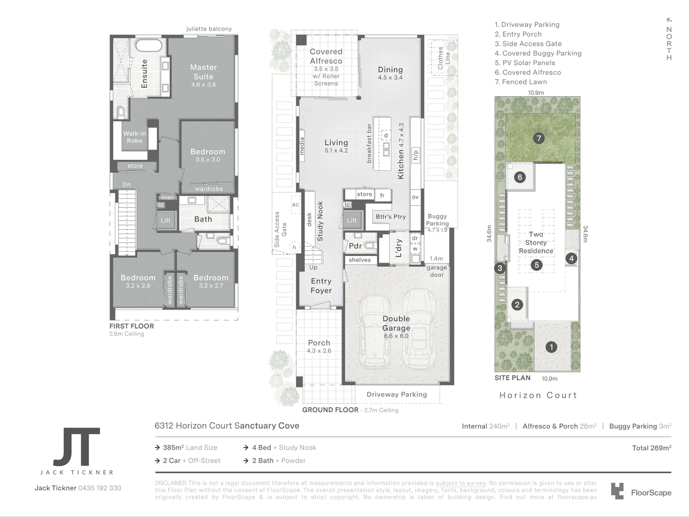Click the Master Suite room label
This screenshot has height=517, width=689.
point(203,72)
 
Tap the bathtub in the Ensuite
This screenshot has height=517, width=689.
point(148,46)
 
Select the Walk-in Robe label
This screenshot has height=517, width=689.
point(134,137)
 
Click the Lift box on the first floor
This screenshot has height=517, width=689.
point(165,221)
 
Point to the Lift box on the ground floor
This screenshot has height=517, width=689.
point(352,221)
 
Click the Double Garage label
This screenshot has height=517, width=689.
point(396,324)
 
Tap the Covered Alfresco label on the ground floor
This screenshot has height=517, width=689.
point(326,56)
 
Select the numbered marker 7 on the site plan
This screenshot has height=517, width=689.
point(539,139)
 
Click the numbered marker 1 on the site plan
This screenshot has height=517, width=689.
point(551,347)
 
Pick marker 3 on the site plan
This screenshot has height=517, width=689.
point(500,268)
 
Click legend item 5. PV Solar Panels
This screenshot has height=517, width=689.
point(525,63)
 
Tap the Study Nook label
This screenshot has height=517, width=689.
point(320,221)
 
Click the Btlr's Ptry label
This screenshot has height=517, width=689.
point(390,216)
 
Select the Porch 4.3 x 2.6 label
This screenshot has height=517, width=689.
point(319,346)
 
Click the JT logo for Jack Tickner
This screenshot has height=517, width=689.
point(77,447)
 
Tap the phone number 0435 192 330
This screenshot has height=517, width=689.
point(100,488)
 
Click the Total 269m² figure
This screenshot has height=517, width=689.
point(651,448)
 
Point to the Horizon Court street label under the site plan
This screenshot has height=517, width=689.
point(538,395)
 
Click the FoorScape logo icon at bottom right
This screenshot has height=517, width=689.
point(617,492)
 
